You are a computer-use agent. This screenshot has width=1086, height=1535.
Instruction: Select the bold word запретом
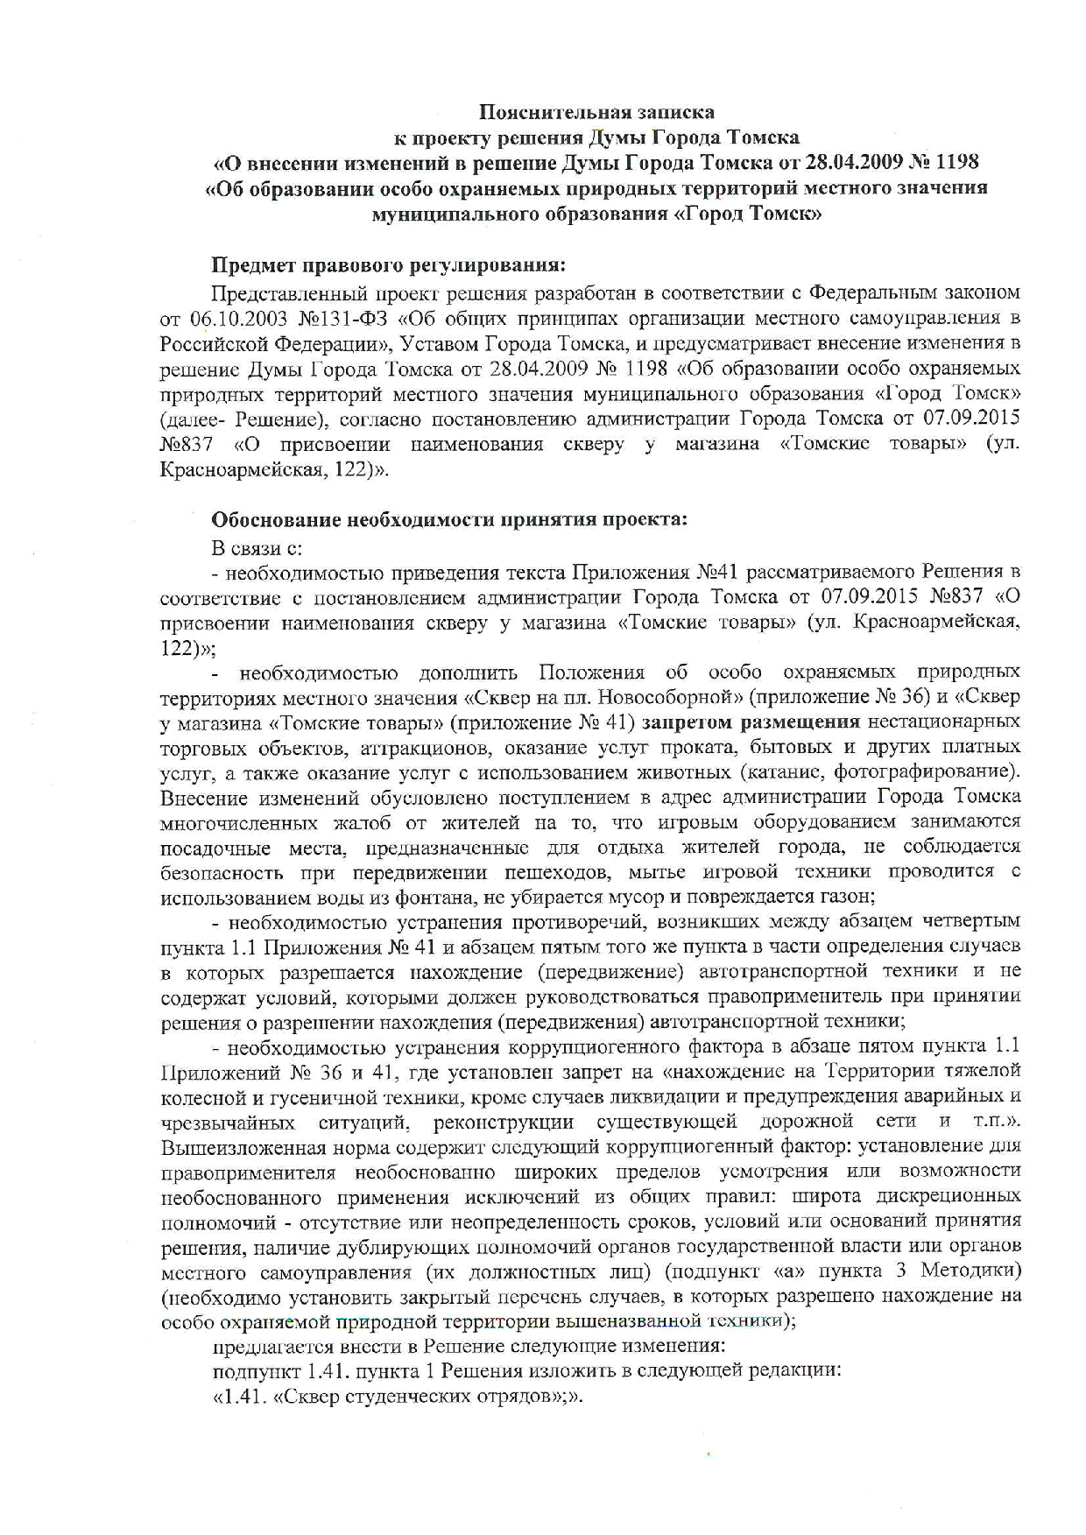[688, 722]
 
